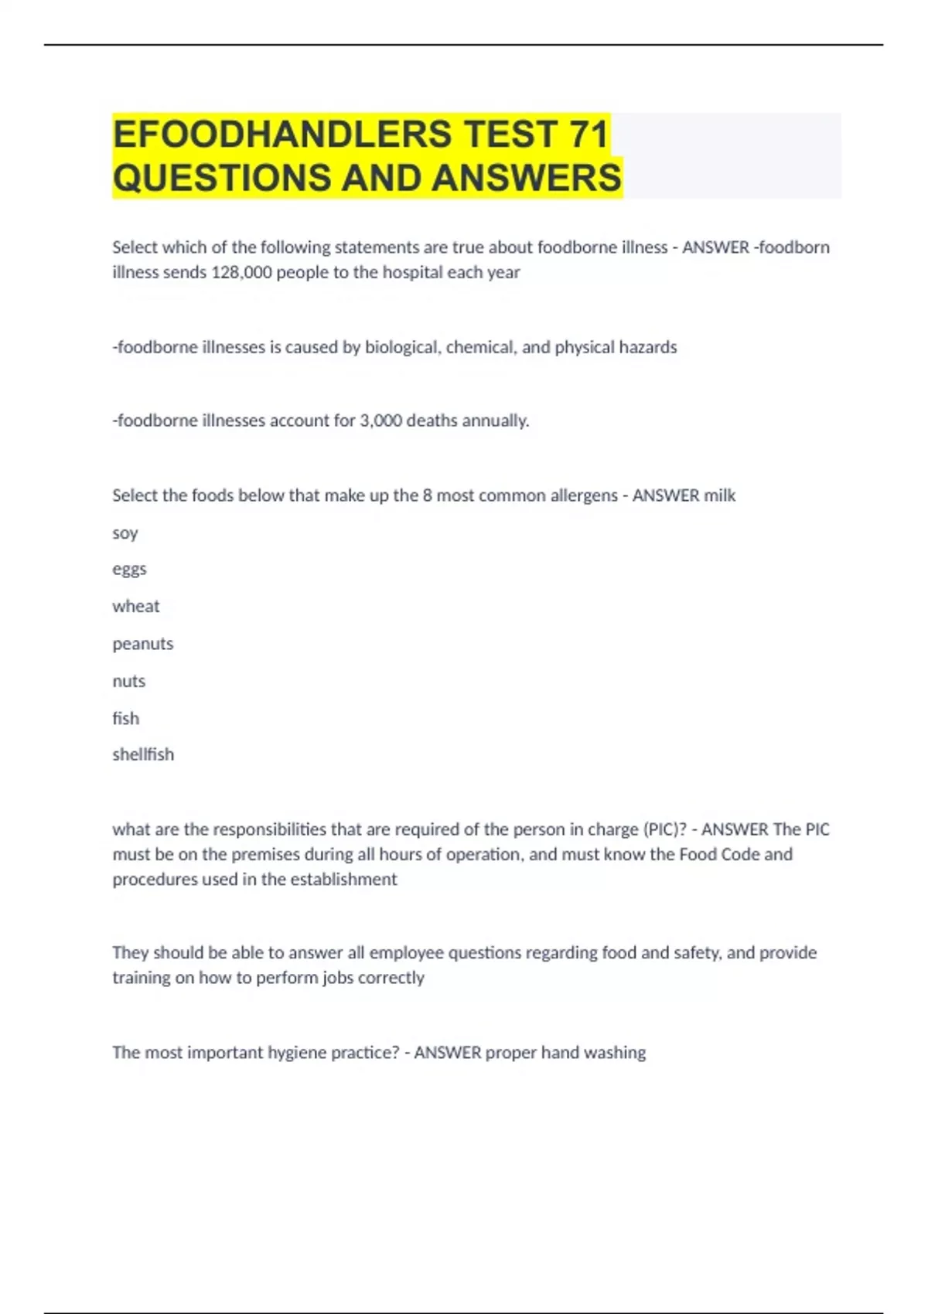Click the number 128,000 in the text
tap(241, 272)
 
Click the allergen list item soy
tap(125, 533)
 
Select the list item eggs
tap(129, 570)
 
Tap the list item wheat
tap(136, 607)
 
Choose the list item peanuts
tap(143, 644)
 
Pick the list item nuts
tap(129, 681)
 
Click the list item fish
tap(126, 718)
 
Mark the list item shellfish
tap(143, 754)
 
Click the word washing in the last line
tap(615, 1053)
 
